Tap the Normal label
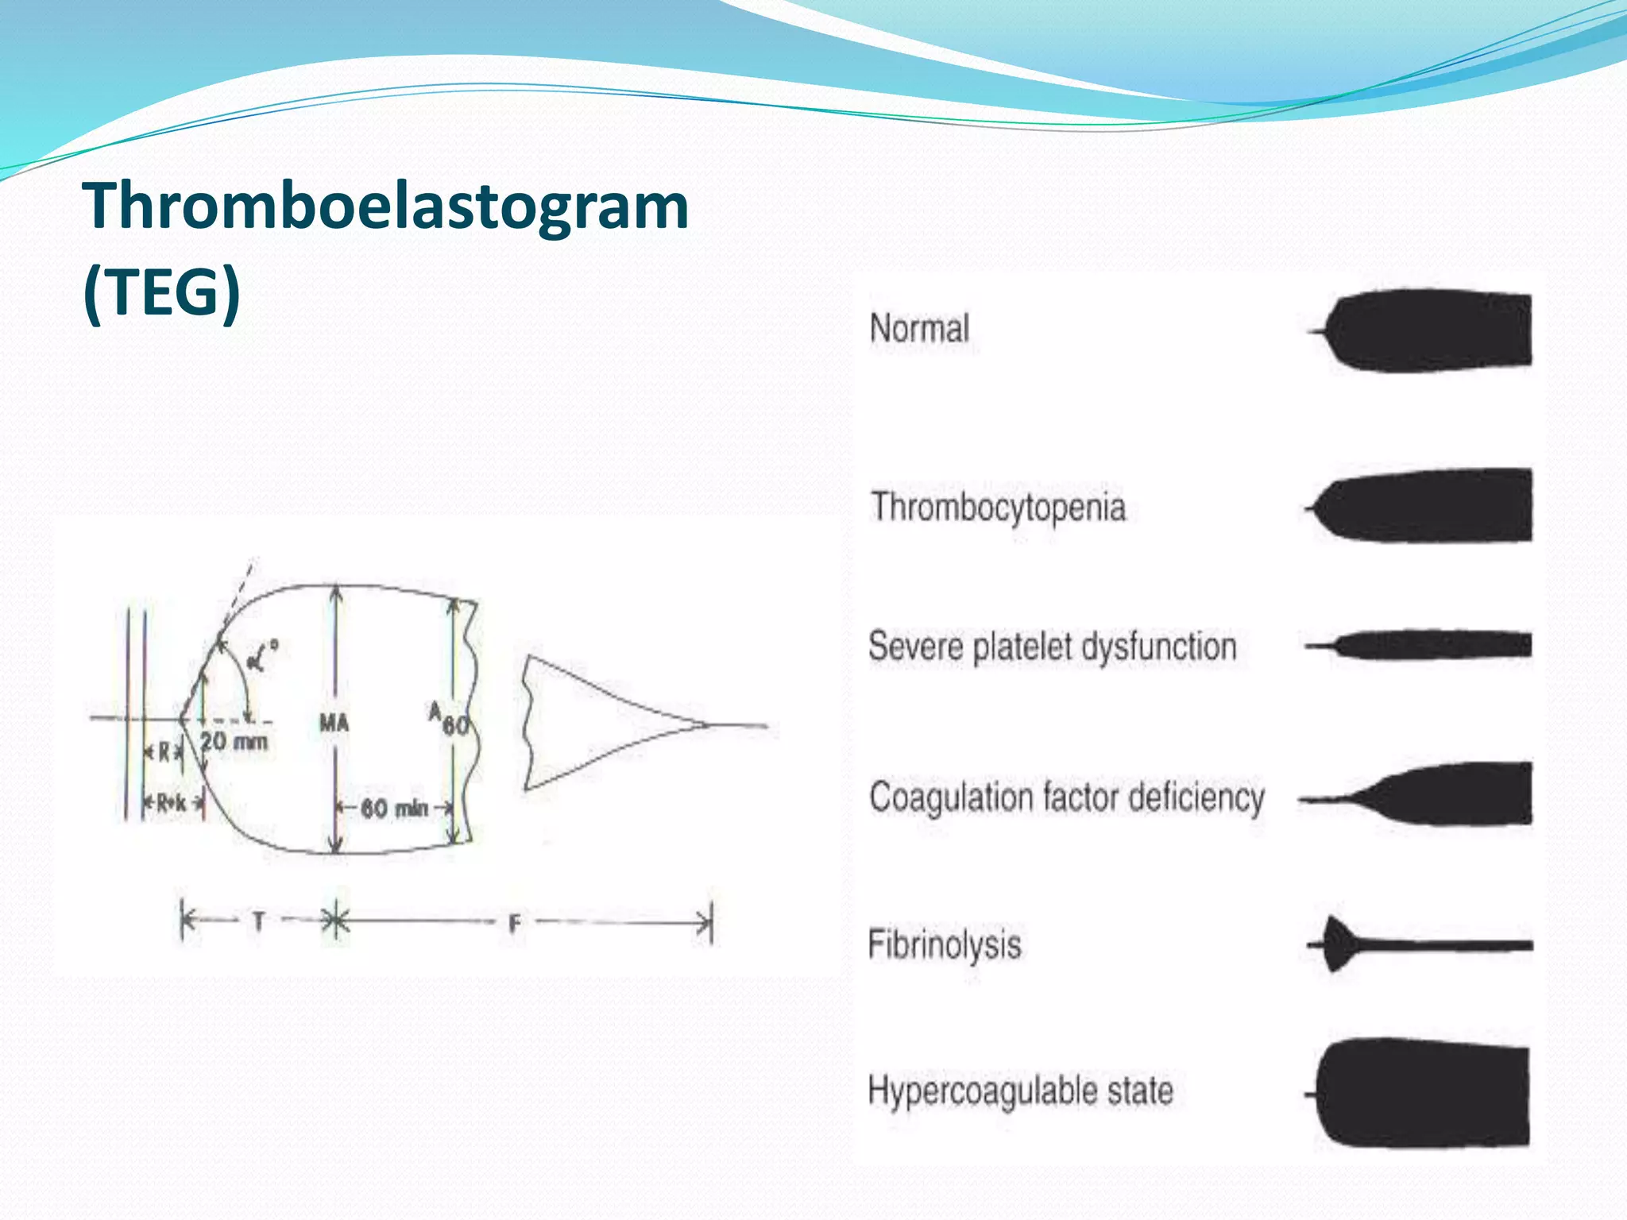click(x=919, y=328)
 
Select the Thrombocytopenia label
click(x=999, y=507)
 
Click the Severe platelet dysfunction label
click(x=1052, y=647)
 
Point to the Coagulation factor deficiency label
click(x=1066, y=797)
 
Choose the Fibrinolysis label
click(x=944, y=945)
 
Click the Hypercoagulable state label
click(x=1020, y=1091)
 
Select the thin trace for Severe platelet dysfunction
click(x=1430, y=644)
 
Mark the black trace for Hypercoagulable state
click(x=1422, y=1094)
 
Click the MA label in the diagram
click(x=334, y=723)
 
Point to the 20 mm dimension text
click(x=234, y=742)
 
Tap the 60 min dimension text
click(x=395, y=809)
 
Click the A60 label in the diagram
click(x=449, y=720)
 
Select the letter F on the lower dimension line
click(x=515, y=924)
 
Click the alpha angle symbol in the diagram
click(x=261, y=655)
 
